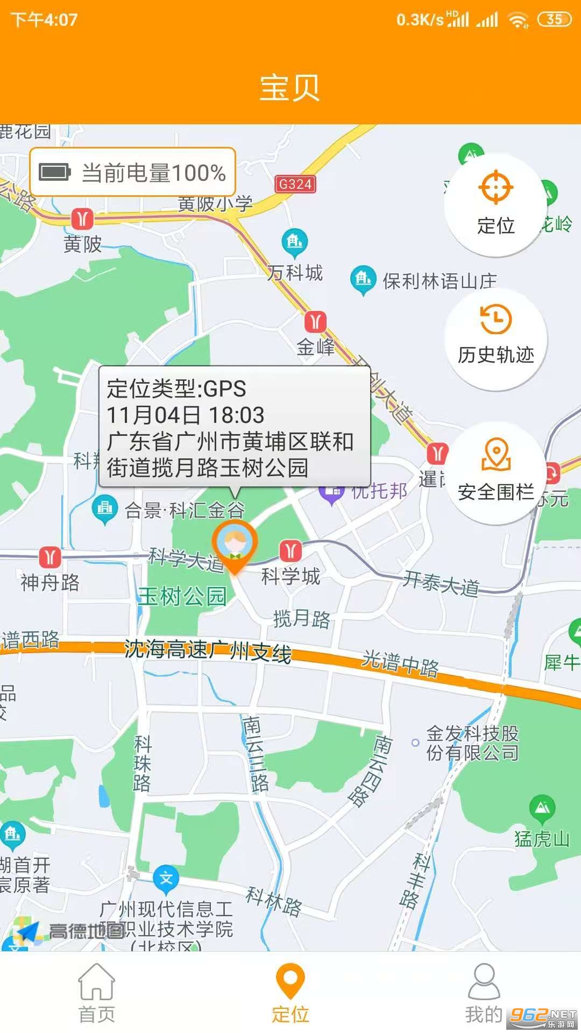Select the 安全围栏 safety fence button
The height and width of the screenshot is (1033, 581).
coord(495,471)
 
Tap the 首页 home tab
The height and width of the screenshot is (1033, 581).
coord(97,993)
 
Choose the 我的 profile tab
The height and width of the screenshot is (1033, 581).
coord(484,993)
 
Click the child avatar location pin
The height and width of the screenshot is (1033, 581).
coord(235,544)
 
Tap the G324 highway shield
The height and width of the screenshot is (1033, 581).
coord(295,185)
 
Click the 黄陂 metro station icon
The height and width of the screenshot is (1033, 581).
coord(82,219)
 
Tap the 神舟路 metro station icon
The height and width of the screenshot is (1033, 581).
coord(50,556)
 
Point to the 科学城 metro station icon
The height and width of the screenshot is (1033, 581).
coord(290,550)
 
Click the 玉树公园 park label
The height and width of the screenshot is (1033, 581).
coord(182,596)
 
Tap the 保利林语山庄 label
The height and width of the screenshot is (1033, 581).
coord(439,281)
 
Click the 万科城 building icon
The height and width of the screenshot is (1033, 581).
coord(295,241)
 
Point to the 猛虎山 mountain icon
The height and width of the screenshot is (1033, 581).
coord(542,808)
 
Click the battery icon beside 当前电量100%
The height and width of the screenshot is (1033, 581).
coord(55,173)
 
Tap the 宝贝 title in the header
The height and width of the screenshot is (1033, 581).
coord(290,88)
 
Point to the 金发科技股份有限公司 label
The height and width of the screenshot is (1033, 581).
coord(472,743)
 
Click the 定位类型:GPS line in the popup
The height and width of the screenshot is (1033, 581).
coord(176,388)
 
